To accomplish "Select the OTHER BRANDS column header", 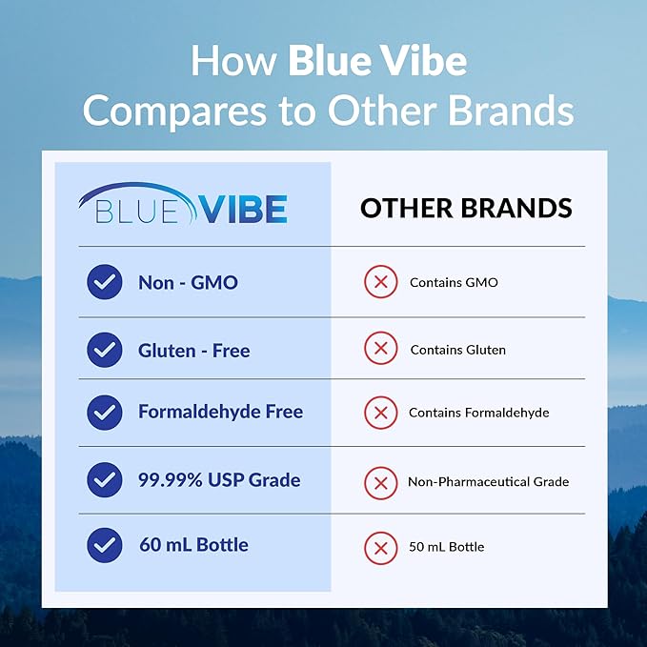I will pyautogui.click(x=466, y=208).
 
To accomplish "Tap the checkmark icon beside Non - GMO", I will pyautogui.click(x=104, y=282).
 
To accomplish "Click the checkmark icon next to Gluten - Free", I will pyautogui.click(x=104, y=350).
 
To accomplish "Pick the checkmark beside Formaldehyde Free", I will pyautogui.click(x=104, y=413).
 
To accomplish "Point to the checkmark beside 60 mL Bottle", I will pyautogui.click(x=104, y=545).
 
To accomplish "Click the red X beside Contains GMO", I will pyautogui.click(x=380, y=283).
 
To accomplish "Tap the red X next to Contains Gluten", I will pyautogui.click(x=380, y=350).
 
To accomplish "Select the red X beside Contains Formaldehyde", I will pyautogui.click(x=380, y=413).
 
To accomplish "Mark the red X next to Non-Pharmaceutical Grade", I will pyautogui.click(x=380, y=482).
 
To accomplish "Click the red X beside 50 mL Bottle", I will pyautogui.click(x=380, y=547).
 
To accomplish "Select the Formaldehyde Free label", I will pyautogui.click(x=220, y=412).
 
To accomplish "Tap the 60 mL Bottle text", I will pyautogui.click(x=193, y=545).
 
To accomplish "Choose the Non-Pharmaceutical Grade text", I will pyautogui.click(x=488, y=482).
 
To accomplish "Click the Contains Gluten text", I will pyautogui.click(x=457, y=350).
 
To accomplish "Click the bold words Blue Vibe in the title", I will pyautogui.click(x=377, y=62).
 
